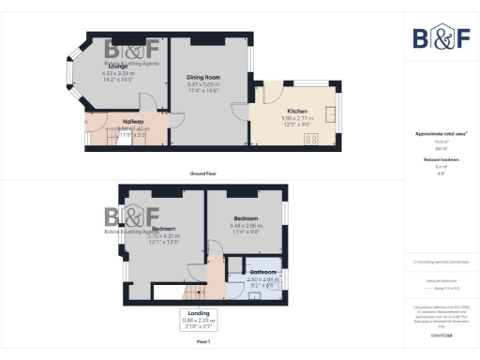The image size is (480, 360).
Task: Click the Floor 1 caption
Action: coord(202,342)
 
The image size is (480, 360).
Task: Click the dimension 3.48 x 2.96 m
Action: coord(246,226)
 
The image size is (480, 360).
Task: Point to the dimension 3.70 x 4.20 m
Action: coord(165,235)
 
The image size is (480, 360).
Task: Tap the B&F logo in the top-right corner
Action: coord(442,38)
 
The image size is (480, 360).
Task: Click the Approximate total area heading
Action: coord(441,134)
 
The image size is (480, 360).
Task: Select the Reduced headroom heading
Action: coord(441,160)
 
